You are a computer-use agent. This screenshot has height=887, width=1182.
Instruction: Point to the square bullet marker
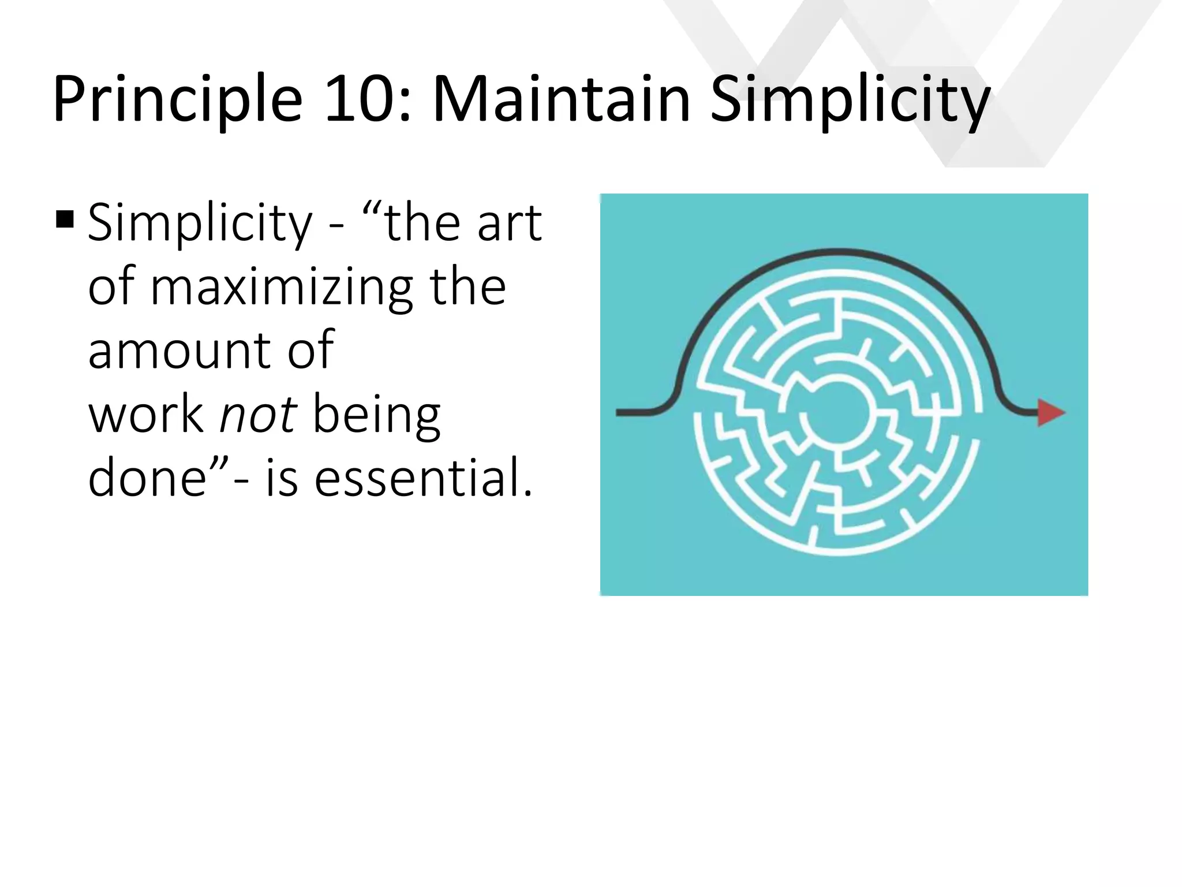point(65,220)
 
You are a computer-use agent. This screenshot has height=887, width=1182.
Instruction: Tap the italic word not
point(258,414)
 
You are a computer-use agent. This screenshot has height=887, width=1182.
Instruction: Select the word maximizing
point(282,289)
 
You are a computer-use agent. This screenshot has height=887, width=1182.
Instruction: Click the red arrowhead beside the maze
point(1050,412)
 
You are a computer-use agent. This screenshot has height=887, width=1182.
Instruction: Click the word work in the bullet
point(146,414)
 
